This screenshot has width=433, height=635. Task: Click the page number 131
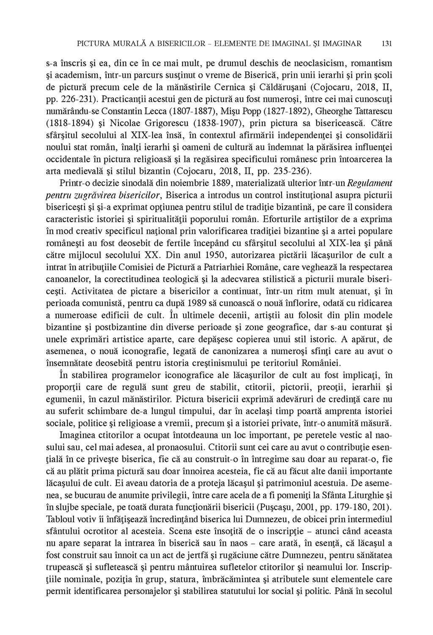[x=387, y=43]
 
